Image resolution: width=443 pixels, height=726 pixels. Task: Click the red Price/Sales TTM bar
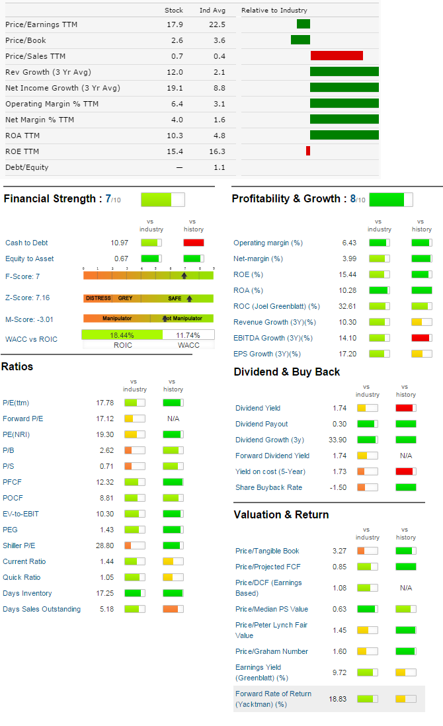337,56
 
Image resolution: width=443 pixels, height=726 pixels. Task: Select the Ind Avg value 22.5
217,24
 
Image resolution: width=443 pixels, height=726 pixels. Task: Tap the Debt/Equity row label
26,167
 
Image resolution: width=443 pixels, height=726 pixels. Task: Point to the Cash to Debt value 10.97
120,243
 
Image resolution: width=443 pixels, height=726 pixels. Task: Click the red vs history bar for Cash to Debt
194,243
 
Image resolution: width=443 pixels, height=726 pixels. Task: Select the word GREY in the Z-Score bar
125,298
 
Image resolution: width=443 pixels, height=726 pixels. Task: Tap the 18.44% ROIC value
122,335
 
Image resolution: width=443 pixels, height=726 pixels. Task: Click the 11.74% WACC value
188,335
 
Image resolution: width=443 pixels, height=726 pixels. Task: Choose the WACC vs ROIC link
31,339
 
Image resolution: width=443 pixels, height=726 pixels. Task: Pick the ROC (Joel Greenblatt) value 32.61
347,306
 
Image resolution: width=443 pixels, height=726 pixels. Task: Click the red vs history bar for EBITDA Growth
421,338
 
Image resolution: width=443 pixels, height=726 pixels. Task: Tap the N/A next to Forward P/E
173,419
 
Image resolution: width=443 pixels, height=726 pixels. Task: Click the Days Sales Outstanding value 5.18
107,609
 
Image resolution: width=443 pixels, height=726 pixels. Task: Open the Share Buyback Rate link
268,487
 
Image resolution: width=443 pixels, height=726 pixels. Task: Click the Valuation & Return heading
281,514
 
